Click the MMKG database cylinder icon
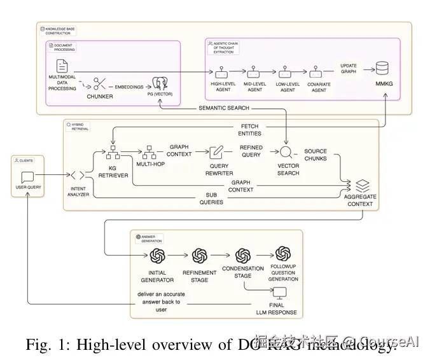(x=384, y=69)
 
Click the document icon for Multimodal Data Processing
(x=62, y=66)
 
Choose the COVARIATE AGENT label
(x=318, y=87)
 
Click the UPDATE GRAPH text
(x=349, y=69)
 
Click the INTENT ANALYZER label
(x=78, y=192)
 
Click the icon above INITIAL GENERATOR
(x=157, y=256)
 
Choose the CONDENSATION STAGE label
(x=242, y=272)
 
